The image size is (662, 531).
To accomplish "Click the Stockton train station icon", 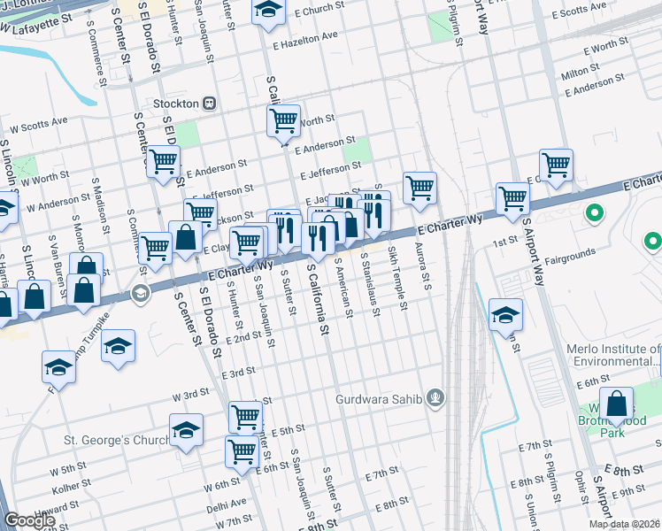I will (x=210, y=103).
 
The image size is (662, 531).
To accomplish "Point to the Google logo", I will (x=29, y=520).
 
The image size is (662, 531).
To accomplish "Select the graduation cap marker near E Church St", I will (x=266, y=11).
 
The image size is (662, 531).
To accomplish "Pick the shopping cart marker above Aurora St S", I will (x=420, y=186).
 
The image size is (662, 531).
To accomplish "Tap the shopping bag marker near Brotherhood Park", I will (x=616, y=403).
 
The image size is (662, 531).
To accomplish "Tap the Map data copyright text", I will (x=624, y=524).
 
